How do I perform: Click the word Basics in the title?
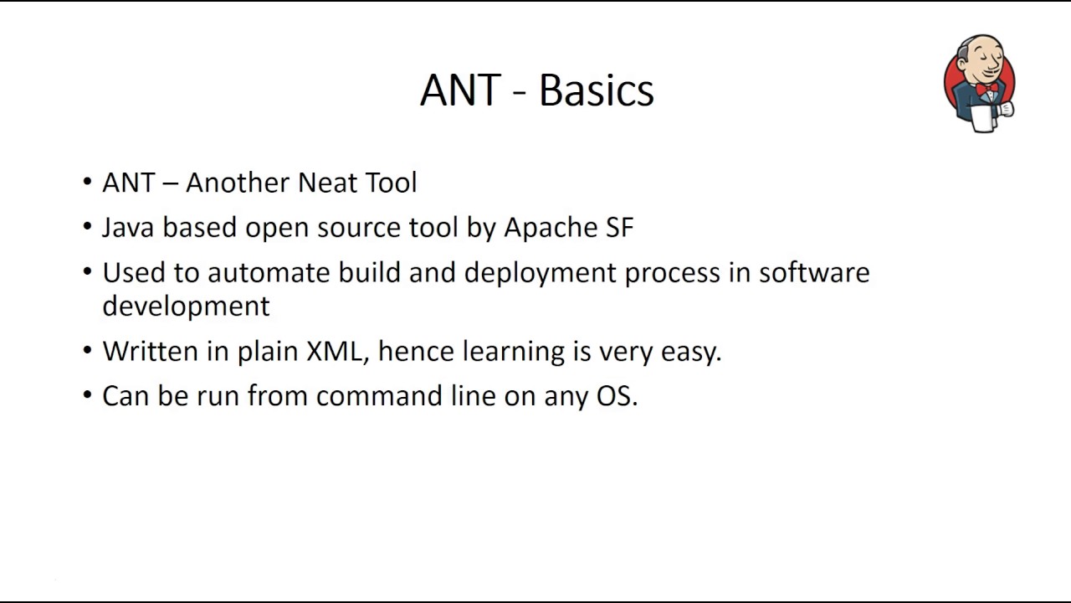point(596,90)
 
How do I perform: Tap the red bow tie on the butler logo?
point(986,88)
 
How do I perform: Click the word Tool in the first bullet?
point(391,183)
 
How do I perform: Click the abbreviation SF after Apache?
point(618,228)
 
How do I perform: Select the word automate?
point(269,273)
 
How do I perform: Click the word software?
point(813,273)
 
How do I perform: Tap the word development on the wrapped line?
point(186,307)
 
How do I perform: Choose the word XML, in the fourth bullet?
point(336,351)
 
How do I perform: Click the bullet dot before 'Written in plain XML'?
point(88,351)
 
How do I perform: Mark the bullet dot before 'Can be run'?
point(88,395)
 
